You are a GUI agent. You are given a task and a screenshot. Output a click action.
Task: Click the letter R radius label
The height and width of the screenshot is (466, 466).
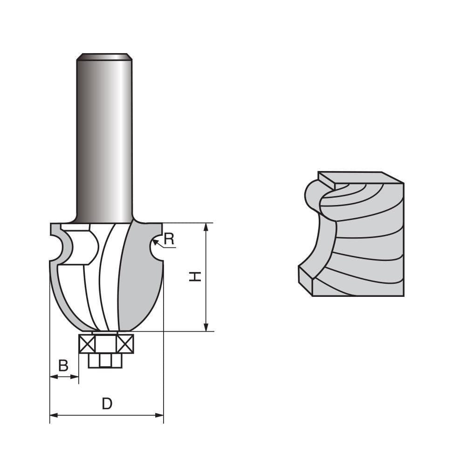pyautogui.click(x=169, y=239)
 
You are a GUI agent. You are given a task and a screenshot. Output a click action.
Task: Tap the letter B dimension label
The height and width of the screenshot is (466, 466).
pyautogui.click(x=63, y=366)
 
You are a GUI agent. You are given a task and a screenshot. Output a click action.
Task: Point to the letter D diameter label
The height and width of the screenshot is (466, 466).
pyautogui.click(x=107, y=403)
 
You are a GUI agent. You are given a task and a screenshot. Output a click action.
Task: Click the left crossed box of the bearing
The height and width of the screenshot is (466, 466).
pyautogui.click(x=87, y=344)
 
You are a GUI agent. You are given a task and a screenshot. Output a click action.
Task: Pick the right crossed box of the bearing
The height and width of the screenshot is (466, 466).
pyautogui.click(x=125, y=344)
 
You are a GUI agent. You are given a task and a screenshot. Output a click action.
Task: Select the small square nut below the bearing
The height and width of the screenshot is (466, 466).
pyautogui.click(x=105, y=360)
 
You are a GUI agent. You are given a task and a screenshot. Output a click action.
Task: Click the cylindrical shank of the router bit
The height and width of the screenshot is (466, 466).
pyautogui.click(x=104, y=140)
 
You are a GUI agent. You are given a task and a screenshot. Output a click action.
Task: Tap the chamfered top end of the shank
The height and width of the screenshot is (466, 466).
pyautogui.click(x=104, y=57)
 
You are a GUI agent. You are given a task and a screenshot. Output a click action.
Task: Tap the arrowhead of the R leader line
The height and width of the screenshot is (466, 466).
pyautogui.click(x=155, y=241)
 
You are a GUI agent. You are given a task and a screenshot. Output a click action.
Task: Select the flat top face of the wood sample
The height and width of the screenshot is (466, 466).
pyautogui.click(x=359, y=178)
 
